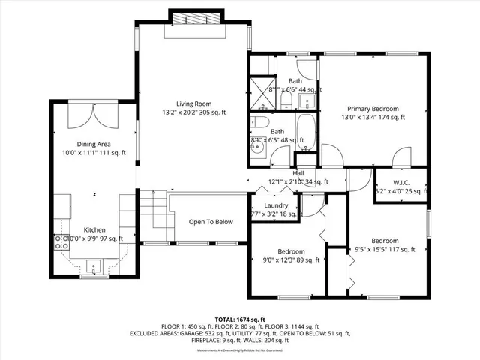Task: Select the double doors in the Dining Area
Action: click(94, 116)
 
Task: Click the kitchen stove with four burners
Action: click(59, 241)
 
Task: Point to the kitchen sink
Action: click(94, 265)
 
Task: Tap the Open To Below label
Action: click(210, 222)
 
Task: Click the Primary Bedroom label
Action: click(374, 108)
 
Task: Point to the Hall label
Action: click(298, 173)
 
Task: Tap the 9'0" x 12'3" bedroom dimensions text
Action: click(291, 260)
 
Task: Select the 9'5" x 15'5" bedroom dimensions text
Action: click(385, 250)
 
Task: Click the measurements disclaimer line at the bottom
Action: click(240, 351)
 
